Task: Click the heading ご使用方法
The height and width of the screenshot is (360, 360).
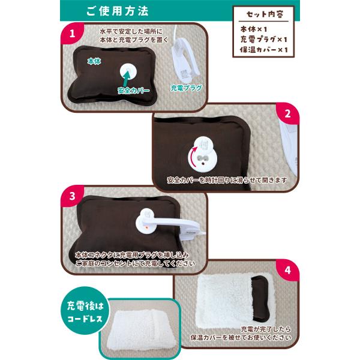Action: [x=118, y=11]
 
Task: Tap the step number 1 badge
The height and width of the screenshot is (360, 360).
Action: [x=73, y=34]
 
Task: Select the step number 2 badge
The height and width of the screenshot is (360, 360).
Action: [x=287, y=113]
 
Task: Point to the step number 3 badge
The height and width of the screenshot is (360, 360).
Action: [x=73, y=196]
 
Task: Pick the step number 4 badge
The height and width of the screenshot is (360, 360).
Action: [x=287, y=270]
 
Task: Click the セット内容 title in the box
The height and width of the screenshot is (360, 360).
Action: [x=265, y=14]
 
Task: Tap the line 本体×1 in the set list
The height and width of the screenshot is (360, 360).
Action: [x=254, y=29]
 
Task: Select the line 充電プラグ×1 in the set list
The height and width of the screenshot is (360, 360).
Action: [x=264, y=40]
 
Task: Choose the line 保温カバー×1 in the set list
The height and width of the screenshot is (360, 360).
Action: [x=264, y=50]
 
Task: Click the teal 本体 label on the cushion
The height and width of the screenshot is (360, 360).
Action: [x=94, y=61]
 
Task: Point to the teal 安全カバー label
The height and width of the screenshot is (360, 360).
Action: [x=133, y=91]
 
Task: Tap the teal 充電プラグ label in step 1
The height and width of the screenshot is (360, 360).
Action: [x=186, y=88]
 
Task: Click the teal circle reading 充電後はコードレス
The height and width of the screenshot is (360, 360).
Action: [x=85, y=310]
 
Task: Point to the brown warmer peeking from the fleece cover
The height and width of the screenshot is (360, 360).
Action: [x=260, y=298]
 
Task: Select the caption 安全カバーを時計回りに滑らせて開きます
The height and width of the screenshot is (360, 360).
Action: [x=227, y=180]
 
